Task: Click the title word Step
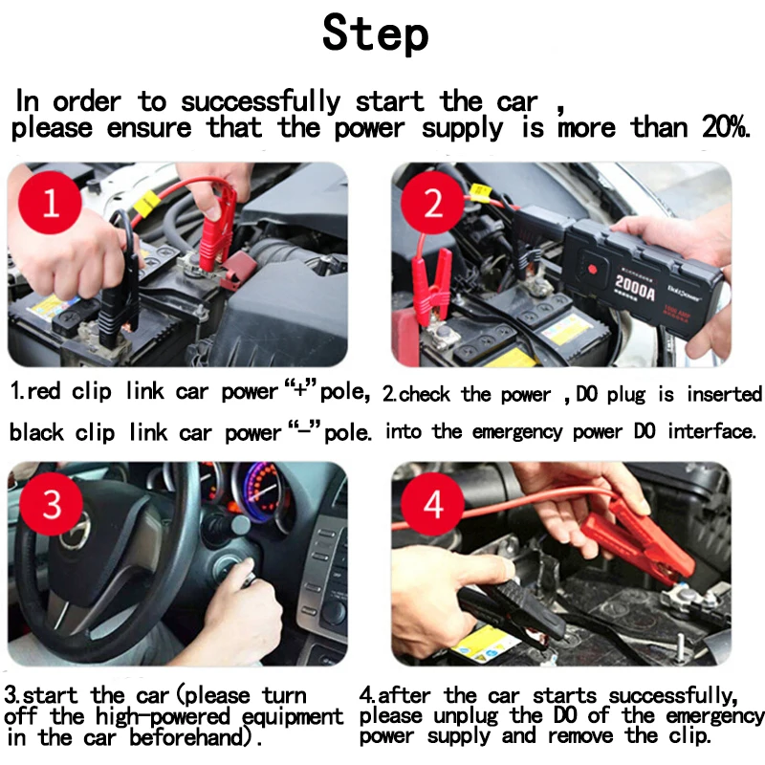pyautogui.click(x=375, y=33)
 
